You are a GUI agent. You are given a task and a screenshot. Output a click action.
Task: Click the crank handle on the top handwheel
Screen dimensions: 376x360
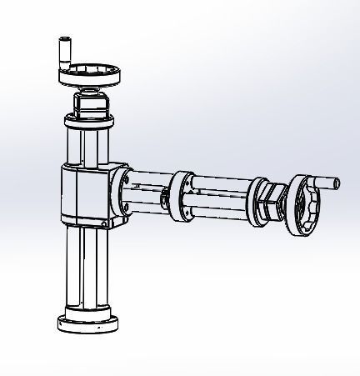pos(62,51)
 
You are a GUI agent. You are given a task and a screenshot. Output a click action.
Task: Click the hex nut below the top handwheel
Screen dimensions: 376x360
pos(89,104)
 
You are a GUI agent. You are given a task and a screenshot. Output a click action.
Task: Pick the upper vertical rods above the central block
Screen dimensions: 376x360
pos(88,150)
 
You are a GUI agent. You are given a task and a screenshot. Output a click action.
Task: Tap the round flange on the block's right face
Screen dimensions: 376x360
pos(124,194)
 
